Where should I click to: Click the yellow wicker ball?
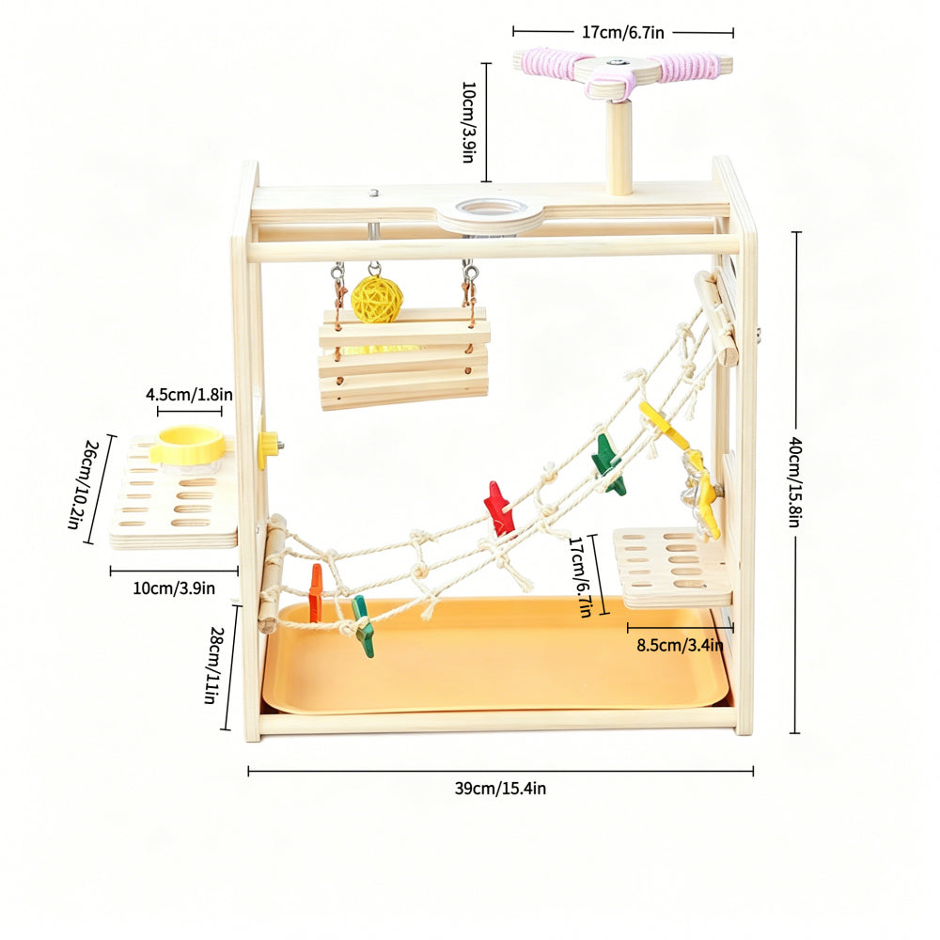377,299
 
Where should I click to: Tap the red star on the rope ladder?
499,509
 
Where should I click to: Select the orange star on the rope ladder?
315,592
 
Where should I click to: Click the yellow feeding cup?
187,445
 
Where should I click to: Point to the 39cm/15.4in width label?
500,789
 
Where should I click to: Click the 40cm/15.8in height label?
795,482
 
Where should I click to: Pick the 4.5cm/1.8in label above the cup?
190,395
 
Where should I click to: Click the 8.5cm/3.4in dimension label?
680,645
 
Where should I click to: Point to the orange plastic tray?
496,655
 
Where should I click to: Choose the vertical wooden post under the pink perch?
619,148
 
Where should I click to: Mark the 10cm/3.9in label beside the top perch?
469,122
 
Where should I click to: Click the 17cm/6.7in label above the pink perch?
623,32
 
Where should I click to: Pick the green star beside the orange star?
362,626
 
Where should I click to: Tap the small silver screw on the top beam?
374,193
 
